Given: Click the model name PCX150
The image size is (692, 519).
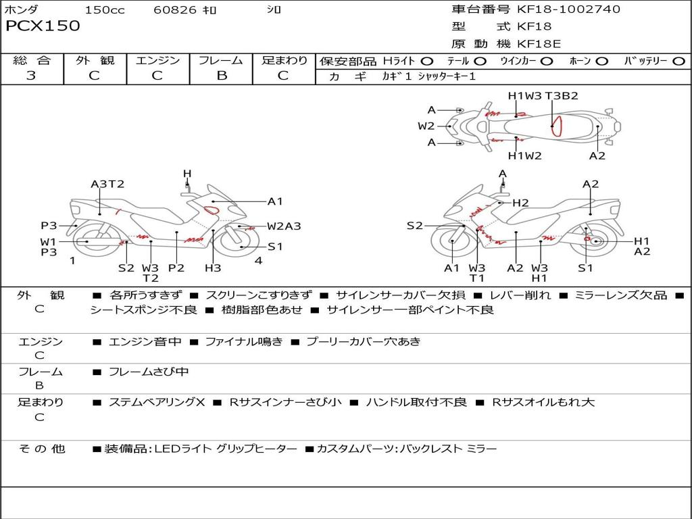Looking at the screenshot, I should [43, 26].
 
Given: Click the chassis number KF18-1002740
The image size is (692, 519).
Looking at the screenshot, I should [568, 9].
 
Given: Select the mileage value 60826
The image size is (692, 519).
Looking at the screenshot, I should [175, 10].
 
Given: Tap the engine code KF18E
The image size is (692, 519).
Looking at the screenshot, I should [539, 45].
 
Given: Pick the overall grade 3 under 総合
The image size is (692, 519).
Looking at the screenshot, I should [31, 75].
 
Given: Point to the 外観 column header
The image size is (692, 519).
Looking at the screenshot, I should [95, 61].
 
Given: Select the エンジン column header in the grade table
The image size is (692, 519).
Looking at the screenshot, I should [157, 61].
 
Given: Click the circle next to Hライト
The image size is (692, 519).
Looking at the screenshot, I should [427, 61].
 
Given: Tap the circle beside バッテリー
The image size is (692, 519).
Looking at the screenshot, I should [678, 61].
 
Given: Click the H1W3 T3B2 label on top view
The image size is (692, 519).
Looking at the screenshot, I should [543, 96].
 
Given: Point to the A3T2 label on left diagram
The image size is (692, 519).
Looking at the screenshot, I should [107, 184].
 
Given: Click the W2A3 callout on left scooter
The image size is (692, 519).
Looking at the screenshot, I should [284, 226].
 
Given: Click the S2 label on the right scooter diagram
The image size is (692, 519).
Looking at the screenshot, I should [414, 226].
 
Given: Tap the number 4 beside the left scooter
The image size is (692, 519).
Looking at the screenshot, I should [258, 260].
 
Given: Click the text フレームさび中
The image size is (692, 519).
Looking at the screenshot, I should [149, 372].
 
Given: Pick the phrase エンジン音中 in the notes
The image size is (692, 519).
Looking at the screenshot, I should [145, 341].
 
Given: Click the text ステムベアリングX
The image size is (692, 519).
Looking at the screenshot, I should [157, 402].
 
